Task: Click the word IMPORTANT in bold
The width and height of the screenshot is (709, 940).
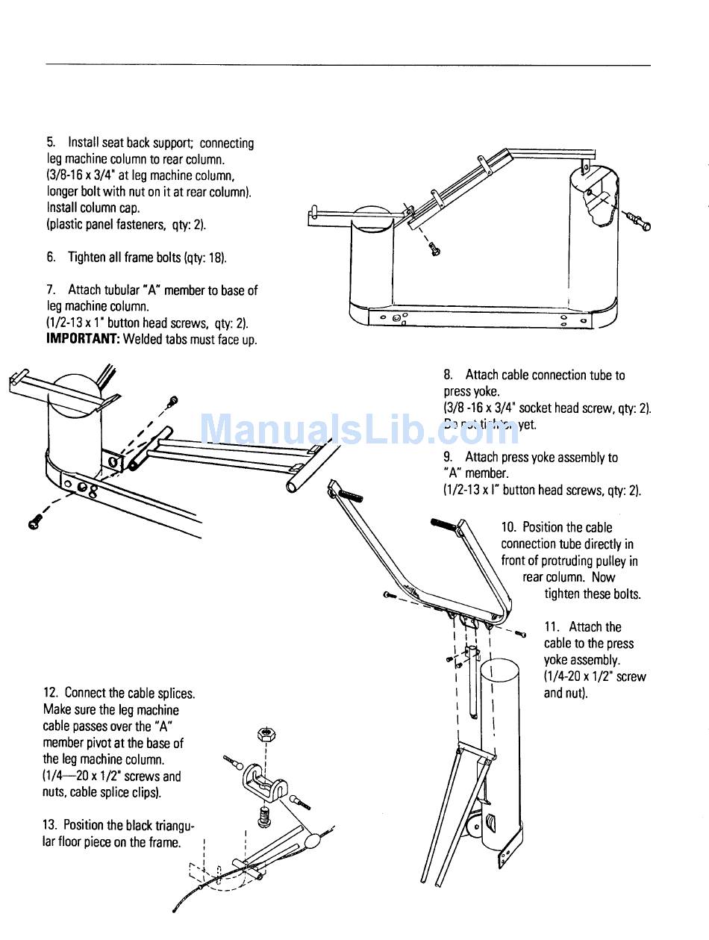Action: (83, 340)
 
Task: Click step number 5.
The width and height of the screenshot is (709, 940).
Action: (50, 143)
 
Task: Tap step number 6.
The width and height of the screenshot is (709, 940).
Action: (50, 258)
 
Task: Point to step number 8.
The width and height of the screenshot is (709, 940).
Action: (448, 375)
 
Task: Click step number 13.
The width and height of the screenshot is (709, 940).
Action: (50, 825)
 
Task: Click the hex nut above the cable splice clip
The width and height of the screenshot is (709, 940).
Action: (264, 733)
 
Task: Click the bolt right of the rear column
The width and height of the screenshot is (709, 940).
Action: (639, 221)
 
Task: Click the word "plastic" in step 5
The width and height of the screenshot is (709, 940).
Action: (66, 225)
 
